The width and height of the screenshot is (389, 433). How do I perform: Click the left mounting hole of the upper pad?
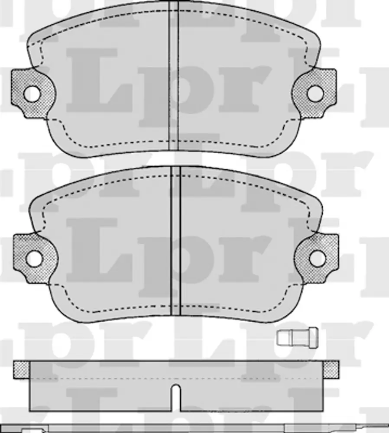click(32, 94)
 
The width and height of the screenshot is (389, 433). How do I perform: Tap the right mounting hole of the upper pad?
click(315, 94)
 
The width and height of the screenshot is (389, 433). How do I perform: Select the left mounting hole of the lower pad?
click(34, 259)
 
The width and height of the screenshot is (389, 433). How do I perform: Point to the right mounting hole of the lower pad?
click(318, 258)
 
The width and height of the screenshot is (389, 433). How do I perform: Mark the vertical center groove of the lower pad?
click(176, 241)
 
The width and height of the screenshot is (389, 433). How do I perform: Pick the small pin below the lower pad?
click(298, 337)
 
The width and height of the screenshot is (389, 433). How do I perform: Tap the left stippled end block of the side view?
click(22, 369)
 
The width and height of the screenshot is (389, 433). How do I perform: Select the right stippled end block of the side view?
click(331, 369)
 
